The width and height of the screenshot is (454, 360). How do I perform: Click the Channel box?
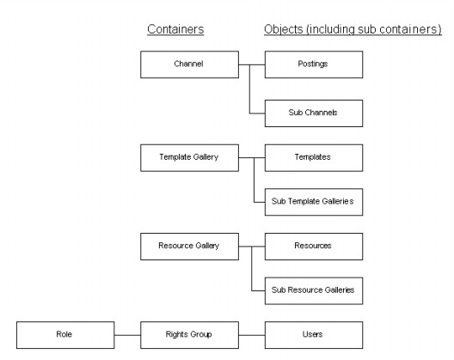[x=189, y=64]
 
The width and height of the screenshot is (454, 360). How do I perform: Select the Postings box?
[x=313, y=64]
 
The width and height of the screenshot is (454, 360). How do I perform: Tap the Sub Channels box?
[x=313, y=112]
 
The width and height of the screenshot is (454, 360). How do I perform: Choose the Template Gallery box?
[x=189, y=157]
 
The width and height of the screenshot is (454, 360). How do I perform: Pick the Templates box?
[x=313, y=157]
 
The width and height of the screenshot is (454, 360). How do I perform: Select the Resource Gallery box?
[x=189, y=246]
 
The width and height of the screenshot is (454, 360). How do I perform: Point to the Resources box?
[x=313, y=246]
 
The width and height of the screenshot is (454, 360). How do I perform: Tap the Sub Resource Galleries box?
[x=313, y=290]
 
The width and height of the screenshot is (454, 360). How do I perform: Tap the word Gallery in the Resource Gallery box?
[x=206, y=246]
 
